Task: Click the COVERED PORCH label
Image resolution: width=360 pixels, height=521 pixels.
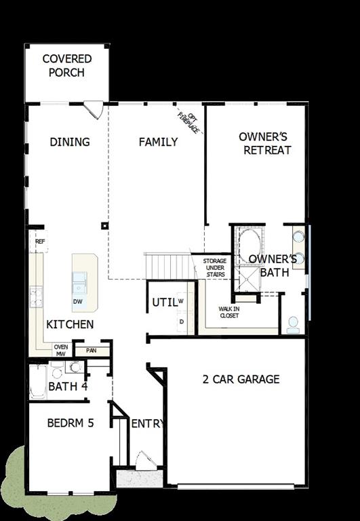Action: coord(66,66)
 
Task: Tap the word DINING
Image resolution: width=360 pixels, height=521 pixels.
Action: coord(70,142)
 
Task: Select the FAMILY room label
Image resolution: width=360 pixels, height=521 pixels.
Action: coord(158,142)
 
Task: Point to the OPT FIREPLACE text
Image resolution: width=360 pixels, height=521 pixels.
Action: coord(189,121)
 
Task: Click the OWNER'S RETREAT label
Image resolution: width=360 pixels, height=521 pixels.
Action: coord(266,143)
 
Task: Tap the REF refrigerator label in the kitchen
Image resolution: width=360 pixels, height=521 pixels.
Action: coord(39,241)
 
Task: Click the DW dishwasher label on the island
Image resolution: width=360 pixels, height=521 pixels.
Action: coord(78,301)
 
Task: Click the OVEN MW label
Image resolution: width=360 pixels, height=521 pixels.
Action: coord(60,350)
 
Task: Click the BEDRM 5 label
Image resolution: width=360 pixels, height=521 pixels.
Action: coord(70,423)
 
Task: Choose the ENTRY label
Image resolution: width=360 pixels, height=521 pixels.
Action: coord(147,424)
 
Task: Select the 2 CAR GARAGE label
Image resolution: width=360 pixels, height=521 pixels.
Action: coord(241,379)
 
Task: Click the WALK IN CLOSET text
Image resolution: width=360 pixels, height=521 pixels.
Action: coord(228,311)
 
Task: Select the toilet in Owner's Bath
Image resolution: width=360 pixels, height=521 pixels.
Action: coord(294,324)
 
